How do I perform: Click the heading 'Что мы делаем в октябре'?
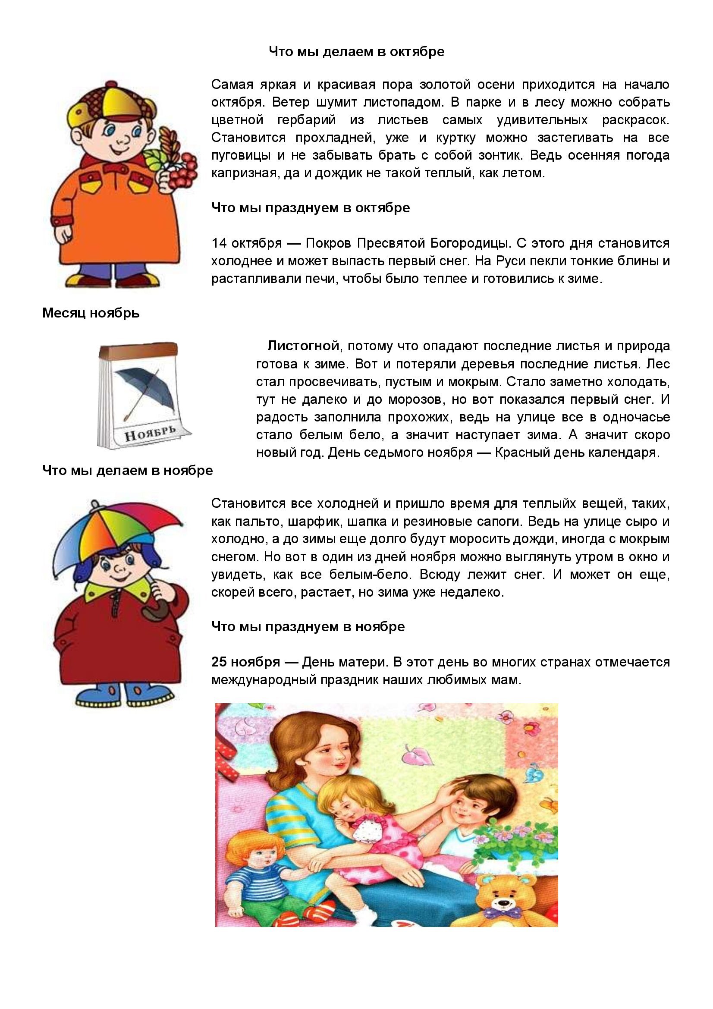(356, 52)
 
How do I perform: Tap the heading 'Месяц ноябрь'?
(91, 313)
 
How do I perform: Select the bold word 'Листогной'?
(303, 346)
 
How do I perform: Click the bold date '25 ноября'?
(245, 661)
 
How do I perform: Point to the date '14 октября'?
(246, 243)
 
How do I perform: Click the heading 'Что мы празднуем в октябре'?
(311, 207)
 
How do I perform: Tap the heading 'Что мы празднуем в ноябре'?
(308, 626)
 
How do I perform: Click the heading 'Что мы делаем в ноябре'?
(127, 470)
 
